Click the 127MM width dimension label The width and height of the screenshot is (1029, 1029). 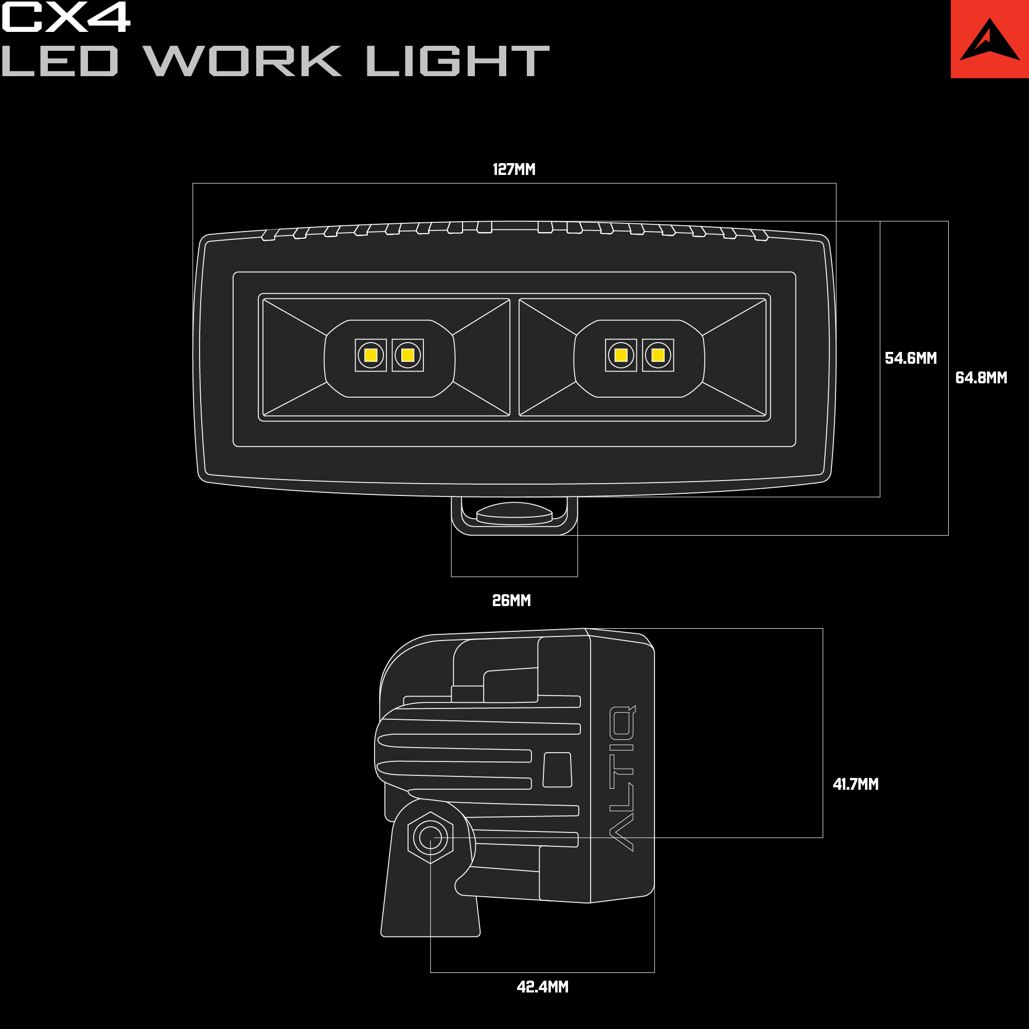coord(514,169)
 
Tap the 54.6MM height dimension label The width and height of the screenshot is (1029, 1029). coord(911,358)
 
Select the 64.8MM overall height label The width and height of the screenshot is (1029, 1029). coord(981,378)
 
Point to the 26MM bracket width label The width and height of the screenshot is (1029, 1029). coord(511,600)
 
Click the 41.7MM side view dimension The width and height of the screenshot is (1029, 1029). coord(856,784)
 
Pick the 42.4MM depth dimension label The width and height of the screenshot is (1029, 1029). coord(543,987)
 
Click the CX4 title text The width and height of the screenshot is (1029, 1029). coord(65,16)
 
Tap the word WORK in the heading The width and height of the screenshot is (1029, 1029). coord(243,61)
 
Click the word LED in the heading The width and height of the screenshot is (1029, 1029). coord(59,61)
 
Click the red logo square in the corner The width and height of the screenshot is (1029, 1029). coord(989,39)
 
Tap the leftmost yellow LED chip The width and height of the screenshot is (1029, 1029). coord(370,355)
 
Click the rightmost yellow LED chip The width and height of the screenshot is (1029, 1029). coord(658,355)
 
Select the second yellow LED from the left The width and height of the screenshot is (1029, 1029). coord(408,355)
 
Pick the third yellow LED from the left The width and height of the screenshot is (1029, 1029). coord(621,355)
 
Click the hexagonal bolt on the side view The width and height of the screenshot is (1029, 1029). coord(430,838)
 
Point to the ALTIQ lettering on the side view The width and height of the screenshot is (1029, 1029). coord(622,778)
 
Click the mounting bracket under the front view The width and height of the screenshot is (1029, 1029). coord(514,516)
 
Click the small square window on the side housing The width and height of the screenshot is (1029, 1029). coord(557,770)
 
